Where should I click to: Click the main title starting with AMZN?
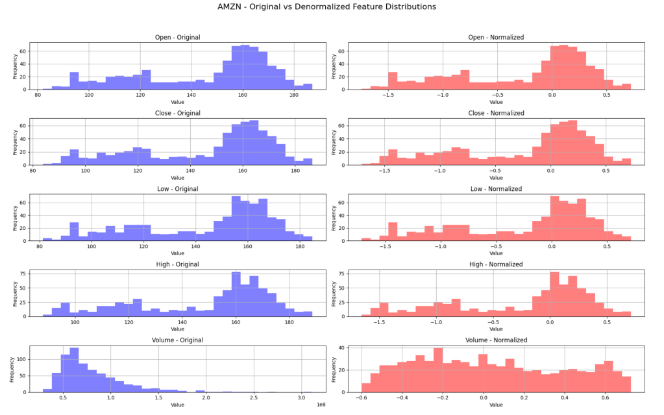[x=326, y=6]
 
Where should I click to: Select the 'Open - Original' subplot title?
[x=177, y=37]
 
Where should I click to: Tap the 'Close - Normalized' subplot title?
[x=496, y=113]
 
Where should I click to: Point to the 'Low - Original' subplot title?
[x=177, y=189]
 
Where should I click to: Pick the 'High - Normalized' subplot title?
[x=496, y=264]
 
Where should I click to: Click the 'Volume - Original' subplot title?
[x=177, y=340]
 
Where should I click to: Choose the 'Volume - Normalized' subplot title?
[x=496, y=340]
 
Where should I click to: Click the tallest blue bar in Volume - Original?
[x=74, y=370]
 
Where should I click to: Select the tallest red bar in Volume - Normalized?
[x=438, y=370]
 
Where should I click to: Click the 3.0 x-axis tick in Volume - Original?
[x=302, y=397]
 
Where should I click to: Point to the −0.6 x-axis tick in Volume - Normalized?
[x=362, y=397]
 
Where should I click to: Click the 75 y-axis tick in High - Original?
[x=23, y=272]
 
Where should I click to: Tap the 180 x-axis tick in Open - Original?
[x=293, y=95]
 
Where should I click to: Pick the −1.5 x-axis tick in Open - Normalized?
[x=387, y=95]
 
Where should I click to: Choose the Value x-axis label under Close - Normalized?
[x=496, y=177]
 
